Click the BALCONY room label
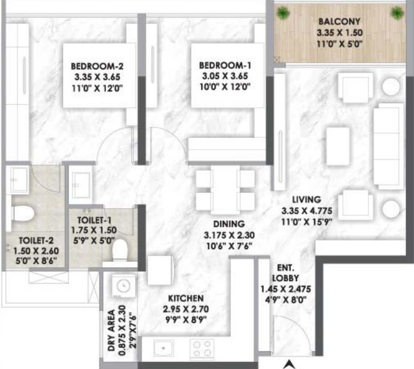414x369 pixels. pos(339,21)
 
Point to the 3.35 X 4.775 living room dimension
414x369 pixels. pos(307,211)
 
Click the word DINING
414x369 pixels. pos(229,224)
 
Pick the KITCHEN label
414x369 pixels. pos(186,298)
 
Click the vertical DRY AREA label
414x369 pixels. pos(112,331)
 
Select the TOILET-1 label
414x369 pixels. pos(92,220)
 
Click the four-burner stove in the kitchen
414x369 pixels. pos(202,348)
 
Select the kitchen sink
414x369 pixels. pos(164,348)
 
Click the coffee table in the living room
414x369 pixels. pos(338,146)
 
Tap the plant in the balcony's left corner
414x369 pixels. pos(283,13)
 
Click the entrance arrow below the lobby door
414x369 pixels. pos(290,364)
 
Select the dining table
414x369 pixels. pos(225,190)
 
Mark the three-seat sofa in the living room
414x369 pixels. pos(388,146)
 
